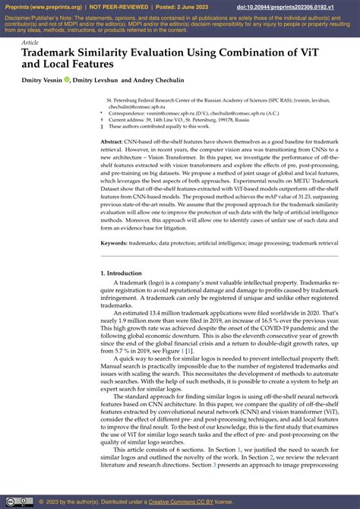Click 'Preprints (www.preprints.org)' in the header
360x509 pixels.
(x=43, y=5)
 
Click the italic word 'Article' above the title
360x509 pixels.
(x=30, y=43)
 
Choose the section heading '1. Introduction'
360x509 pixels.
(x=126, y=273)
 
